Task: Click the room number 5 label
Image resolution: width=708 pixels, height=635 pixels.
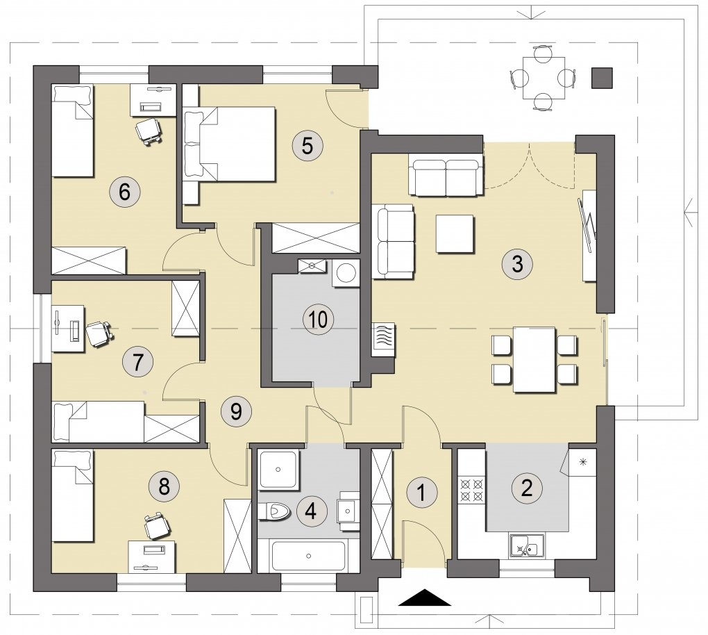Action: [307, 146]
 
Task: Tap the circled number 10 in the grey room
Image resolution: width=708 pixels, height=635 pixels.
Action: [319, 320]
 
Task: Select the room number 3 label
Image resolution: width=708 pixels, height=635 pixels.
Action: [517, 263]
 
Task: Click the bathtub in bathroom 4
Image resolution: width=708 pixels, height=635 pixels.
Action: [309, 556]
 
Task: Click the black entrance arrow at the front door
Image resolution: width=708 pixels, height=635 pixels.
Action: [424, 597]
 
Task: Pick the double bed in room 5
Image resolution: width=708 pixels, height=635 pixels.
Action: [230, 145]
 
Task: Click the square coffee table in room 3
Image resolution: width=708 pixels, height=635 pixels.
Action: [455, 233]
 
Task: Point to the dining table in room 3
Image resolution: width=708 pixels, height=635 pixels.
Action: [534, 359]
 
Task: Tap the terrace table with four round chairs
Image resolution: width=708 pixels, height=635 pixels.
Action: [543, 78]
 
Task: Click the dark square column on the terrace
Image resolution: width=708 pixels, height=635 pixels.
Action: [602, 78]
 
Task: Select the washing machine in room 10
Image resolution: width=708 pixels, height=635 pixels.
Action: [346, 272]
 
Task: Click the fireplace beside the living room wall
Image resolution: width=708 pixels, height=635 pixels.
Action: [383, 340]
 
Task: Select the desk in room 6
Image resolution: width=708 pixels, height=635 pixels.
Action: [153, 99]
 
